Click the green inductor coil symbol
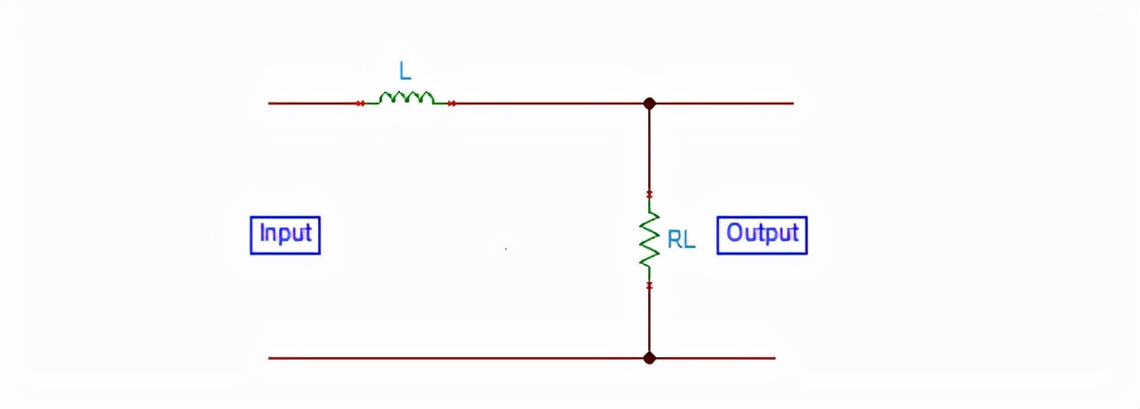406,98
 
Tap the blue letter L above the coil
405,71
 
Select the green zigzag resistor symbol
649,240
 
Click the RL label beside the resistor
681,241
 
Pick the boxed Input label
285,234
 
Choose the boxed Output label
762,234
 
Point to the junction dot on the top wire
649,104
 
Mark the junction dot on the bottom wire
649,358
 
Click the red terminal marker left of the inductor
361,104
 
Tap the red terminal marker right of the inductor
452,104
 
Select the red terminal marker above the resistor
649,195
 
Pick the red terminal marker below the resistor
649,285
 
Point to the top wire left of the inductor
314,104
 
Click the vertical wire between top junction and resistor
649,150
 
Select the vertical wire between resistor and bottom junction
649,322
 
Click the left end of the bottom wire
271,358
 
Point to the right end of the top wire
791,104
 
